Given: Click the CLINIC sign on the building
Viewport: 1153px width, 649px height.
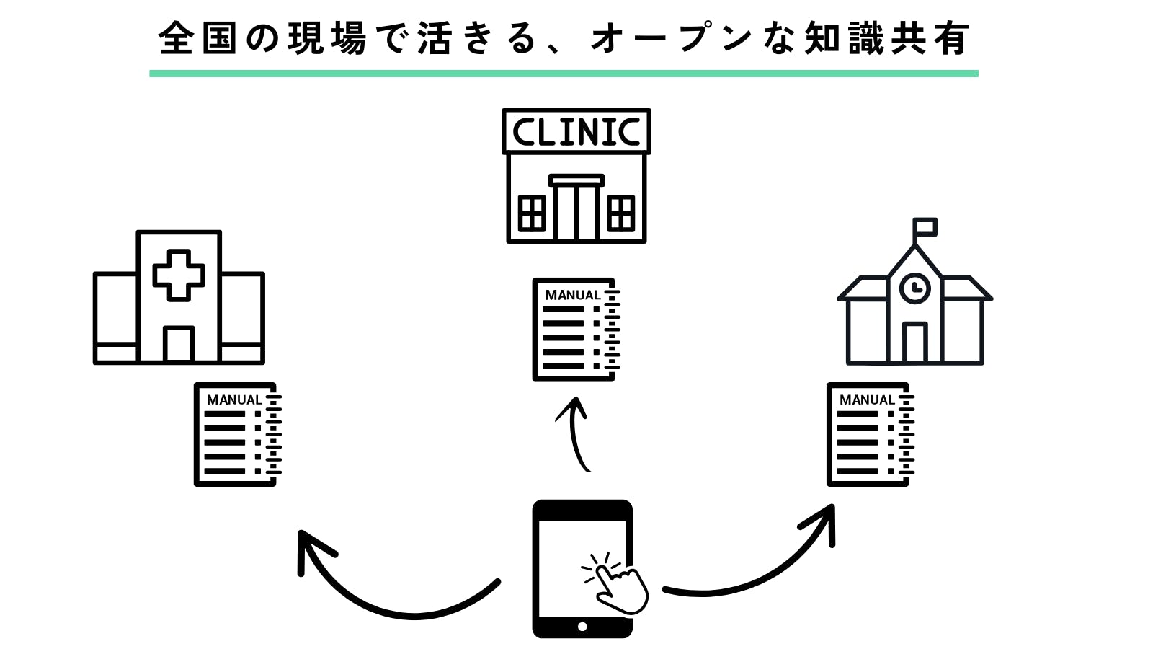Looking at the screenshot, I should tap(576, 131).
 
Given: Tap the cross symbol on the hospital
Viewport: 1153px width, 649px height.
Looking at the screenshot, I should tap(179, 275).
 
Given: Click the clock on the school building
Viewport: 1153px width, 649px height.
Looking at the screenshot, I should tap(915, 288).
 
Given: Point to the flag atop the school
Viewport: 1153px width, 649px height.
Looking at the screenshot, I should tap(925, 228).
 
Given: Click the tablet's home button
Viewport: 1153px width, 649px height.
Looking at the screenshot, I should tap(582, 627).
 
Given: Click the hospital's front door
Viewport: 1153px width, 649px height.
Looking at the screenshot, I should tap(179, 344).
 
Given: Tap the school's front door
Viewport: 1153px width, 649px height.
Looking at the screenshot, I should tap(915, 343).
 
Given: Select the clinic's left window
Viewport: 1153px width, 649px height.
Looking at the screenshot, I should tap(532, 213).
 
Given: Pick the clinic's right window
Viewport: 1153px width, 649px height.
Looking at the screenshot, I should tap(621, 213).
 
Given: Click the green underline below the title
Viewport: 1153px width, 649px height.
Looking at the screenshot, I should tap(564, 74).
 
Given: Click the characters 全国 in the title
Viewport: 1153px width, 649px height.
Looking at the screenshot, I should tap(197, 38).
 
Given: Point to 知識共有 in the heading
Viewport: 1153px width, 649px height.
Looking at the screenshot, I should tap(886, 38).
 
